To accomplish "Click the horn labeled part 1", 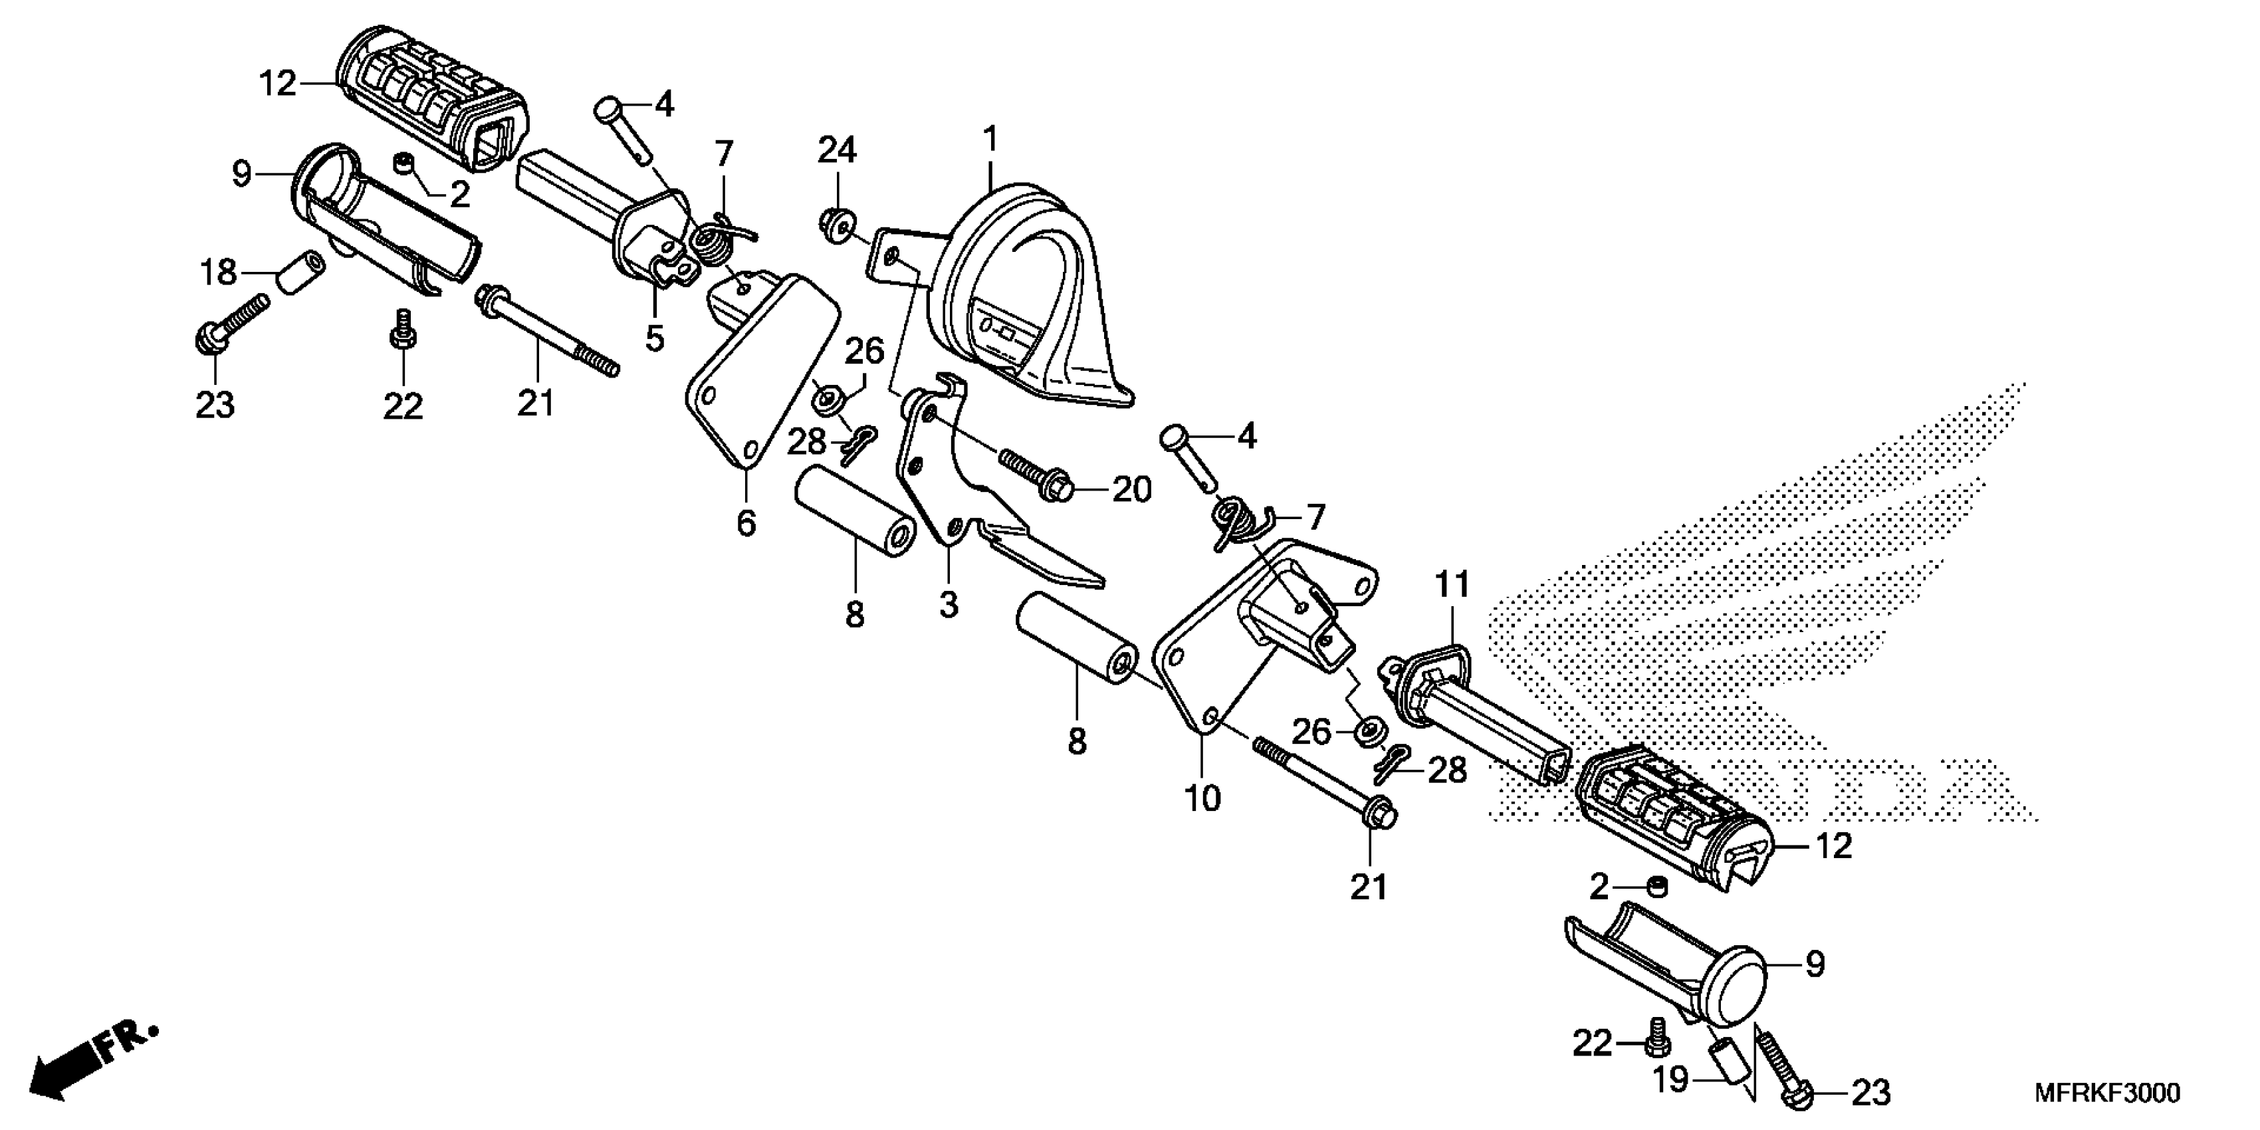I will pyautogui.click(x=1026, y=298).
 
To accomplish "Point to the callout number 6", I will pyautogui.click(x=745, y=524).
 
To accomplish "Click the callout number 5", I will pyautogui.click(x=655, y=338).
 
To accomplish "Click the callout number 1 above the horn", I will pyautogui.click(x=990, y=140).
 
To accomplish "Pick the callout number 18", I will pyautogui.click(x=217, y=273).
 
